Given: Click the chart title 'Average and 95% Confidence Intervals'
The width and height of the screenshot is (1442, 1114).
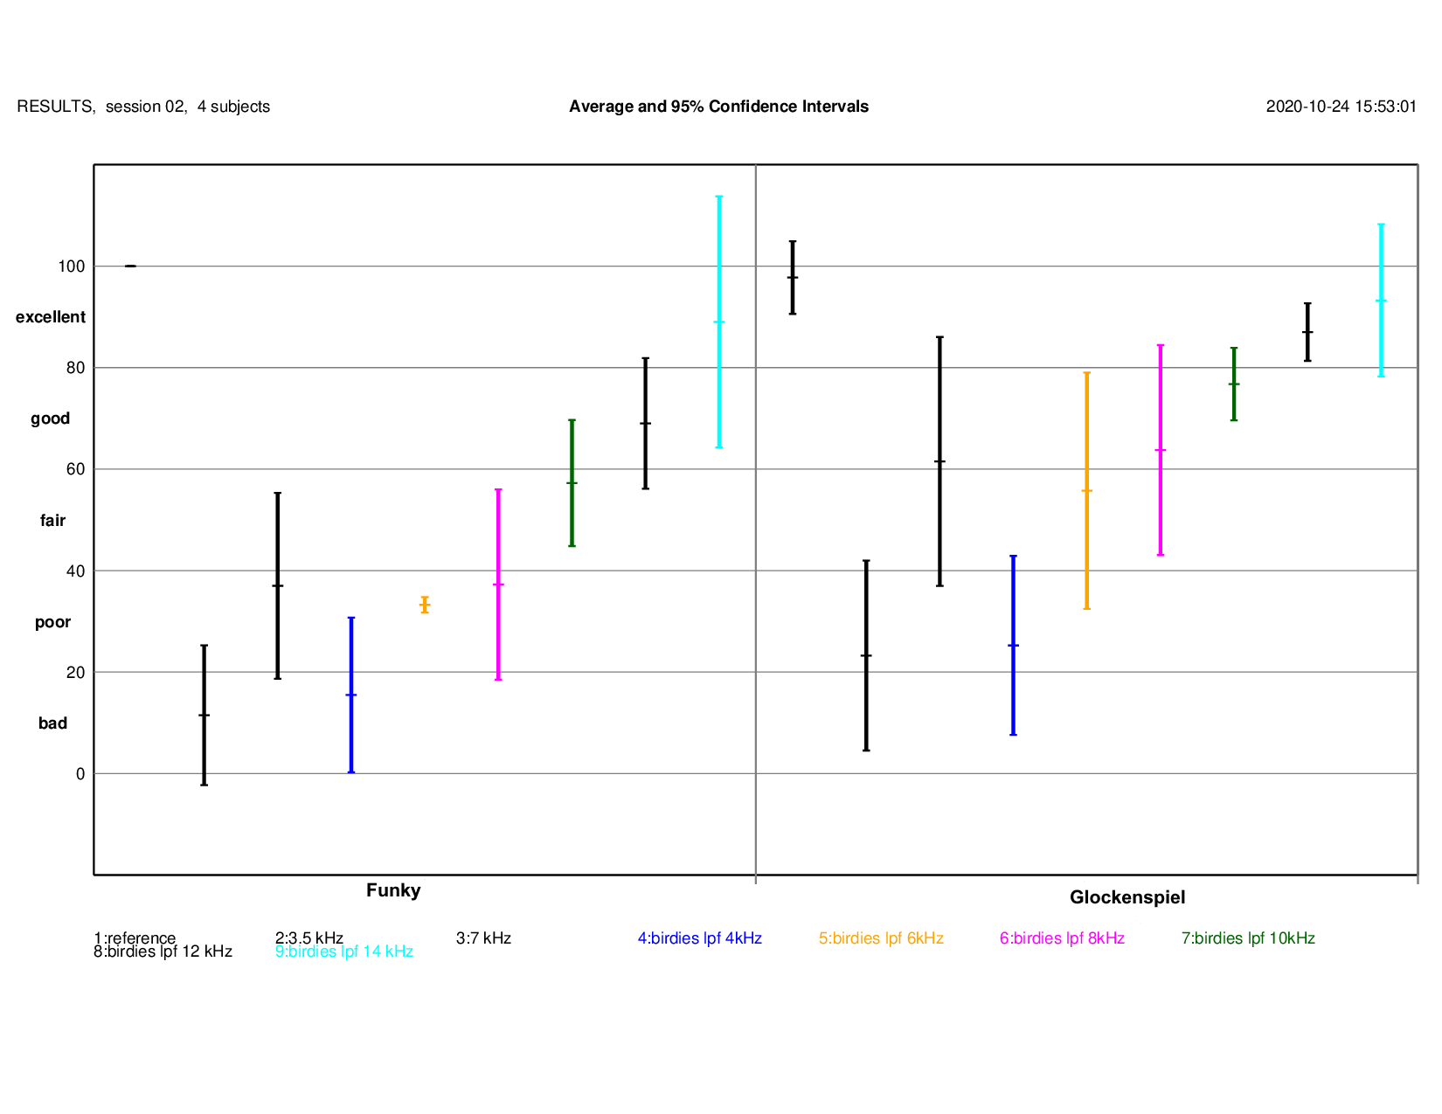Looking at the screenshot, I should pos(718,107).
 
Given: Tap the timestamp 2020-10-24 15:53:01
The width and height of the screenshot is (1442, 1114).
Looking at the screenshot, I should pos(1341,107).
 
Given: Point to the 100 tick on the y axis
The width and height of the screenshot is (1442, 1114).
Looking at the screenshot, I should pos(72,266).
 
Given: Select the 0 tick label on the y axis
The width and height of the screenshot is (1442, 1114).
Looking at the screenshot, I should pos(80,774).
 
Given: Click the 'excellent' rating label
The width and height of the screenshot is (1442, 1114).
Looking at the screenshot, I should pos(51,317).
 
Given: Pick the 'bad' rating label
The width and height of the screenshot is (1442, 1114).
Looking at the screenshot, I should pos(52,723).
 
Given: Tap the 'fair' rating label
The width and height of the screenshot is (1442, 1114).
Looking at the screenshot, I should pos(52,521).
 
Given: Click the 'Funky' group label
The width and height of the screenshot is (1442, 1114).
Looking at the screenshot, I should pos(393,890).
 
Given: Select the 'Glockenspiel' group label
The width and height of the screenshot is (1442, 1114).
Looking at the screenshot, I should pos(1127,897).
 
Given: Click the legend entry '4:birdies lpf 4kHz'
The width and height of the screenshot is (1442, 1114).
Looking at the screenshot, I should pos(699,938).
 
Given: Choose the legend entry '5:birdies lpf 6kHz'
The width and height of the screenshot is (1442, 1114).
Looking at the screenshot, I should pos(881,938).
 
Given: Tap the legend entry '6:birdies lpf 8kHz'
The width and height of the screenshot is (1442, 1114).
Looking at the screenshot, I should pos(1062,938).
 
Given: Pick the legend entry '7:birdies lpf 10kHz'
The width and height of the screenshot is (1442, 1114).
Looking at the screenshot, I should pos(1248,938).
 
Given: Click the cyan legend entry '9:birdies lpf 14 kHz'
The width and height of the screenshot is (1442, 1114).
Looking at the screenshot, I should pos(343,952).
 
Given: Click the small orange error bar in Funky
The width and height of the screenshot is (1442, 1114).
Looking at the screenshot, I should pos(425,605).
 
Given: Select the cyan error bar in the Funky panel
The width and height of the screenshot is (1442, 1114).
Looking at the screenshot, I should pos(719,322).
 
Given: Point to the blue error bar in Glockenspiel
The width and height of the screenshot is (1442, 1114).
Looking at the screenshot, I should pos(1013,645).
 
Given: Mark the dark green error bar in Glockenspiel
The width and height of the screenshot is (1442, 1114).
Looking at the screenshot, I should pos(1234,384).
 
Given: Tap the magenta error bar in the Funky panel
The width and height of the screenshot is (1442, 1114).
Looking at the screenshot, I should pos(498,584).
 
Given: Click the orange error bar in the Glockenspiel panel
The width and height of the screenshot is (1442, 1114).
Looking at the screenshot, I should pos(1086,490).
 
